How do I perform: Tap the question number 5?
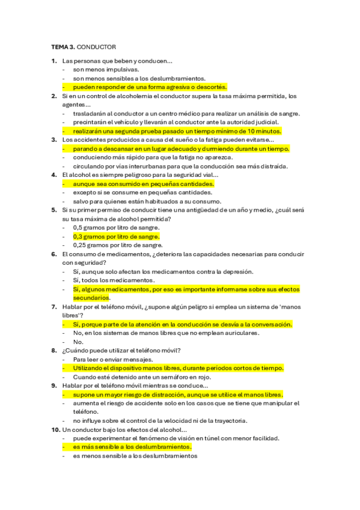54,210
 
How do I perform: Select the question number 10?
55,429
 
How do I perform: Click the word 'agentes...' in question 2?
76,105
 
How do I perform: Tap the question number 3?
54,140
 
